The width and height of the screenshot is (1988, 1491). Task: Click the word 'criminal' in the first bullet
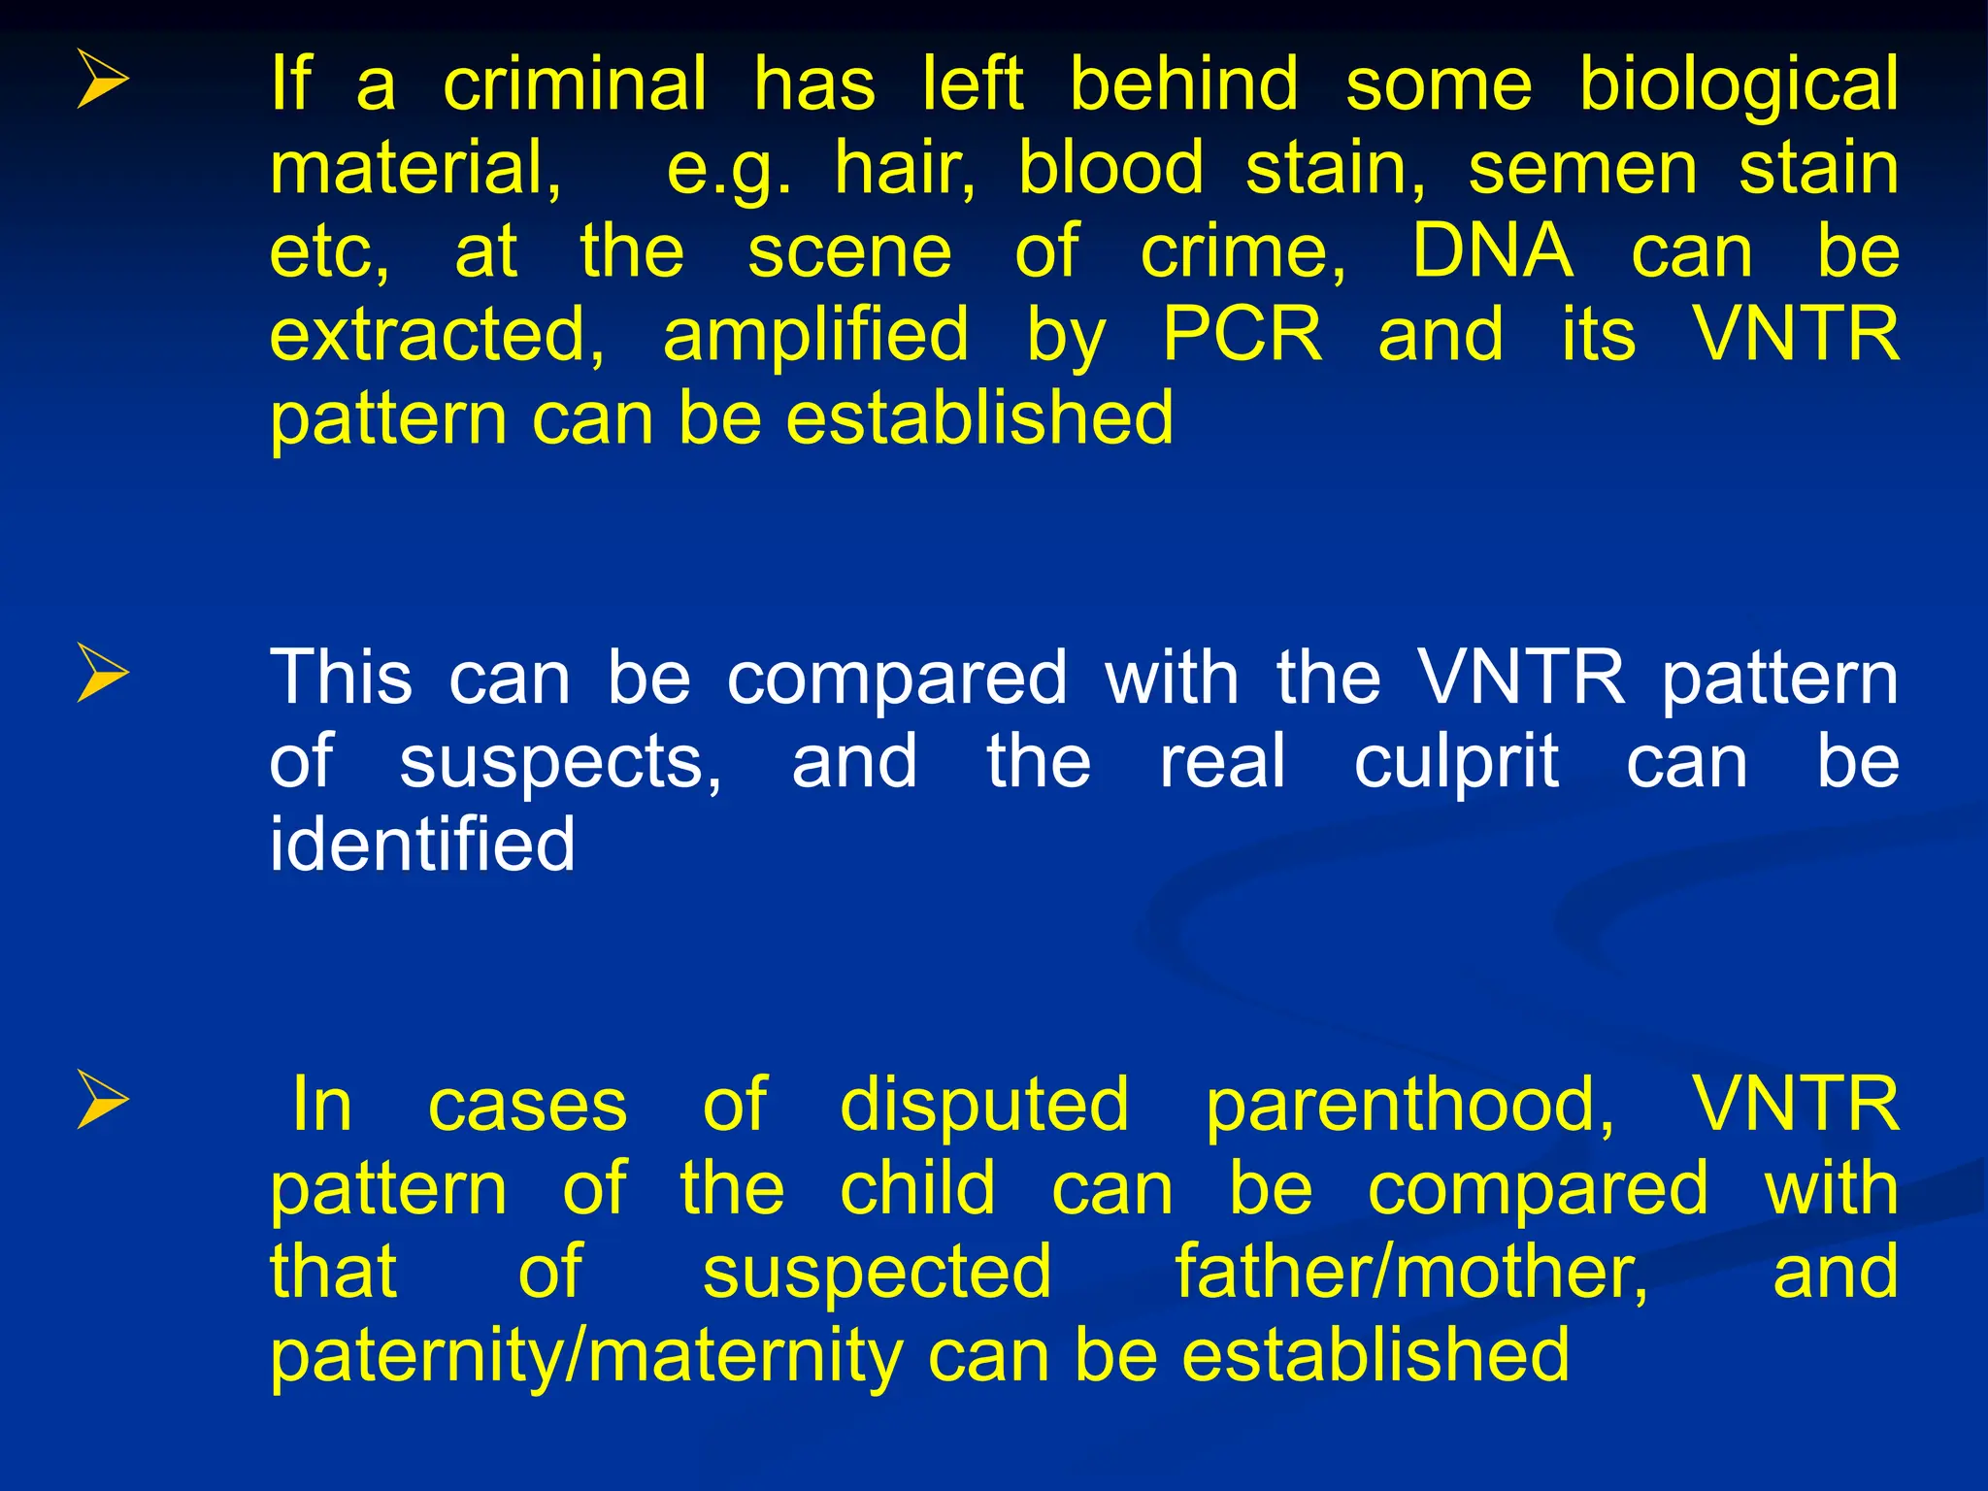[x=575, y=84]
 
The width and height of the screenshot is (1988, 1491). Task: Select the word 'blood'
[x=1111, y=168]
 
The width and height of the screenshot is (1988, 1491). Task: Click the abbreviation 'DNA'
[x=1492, y=251]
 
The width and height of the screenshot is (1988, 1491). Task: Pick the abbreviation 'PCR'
[x=1242, y=335]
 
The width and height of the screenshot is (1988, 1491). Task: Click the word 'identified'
[x=422, y=844]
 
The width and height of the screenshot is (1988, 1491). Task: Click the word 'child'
[x=917, y=1188]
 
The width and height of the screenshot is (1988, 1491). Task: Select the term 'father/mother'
[x=1410, y=1273]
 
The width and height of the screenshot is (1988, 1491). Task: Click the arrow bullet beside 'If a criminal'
[x=102, y=80]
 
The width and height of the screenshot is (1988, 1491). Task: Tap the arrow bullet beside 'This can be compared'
[x=102, y=673]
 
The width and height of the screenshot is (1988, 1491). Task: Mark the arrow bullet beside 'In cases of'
[x=102, y=1101]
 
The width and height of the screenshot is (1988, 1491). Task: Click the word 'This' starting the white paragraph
[x=341, y=678]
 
